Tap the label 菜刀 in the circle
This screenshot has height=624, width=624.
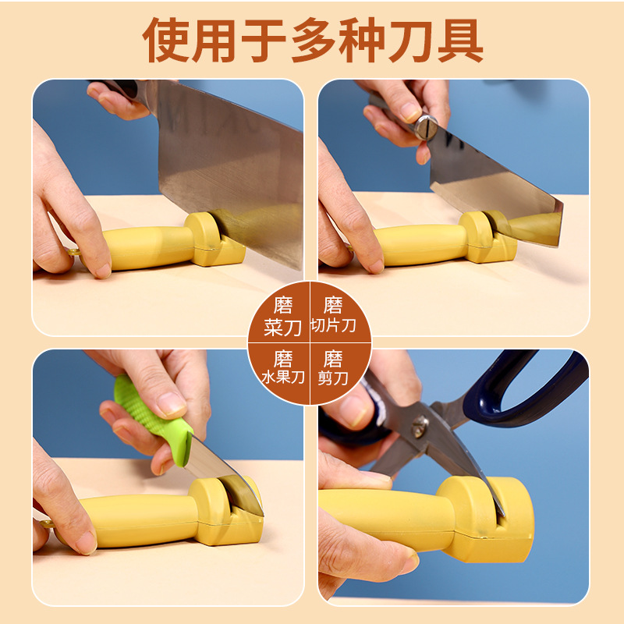[282, 328]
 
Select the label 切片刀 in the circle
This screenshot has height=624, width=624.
[333, 325]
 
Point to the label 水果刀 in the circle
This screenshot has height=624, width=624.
[282, 380]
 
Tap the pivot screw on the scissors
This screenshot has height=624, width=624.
[420, 426]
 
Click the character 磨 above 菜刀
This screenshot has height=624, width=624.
[282, 305]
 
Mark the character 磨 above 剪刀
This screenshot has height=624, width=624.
[333, 359]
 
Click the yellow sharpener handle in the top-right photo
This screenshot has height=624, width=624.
[421, 244]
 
